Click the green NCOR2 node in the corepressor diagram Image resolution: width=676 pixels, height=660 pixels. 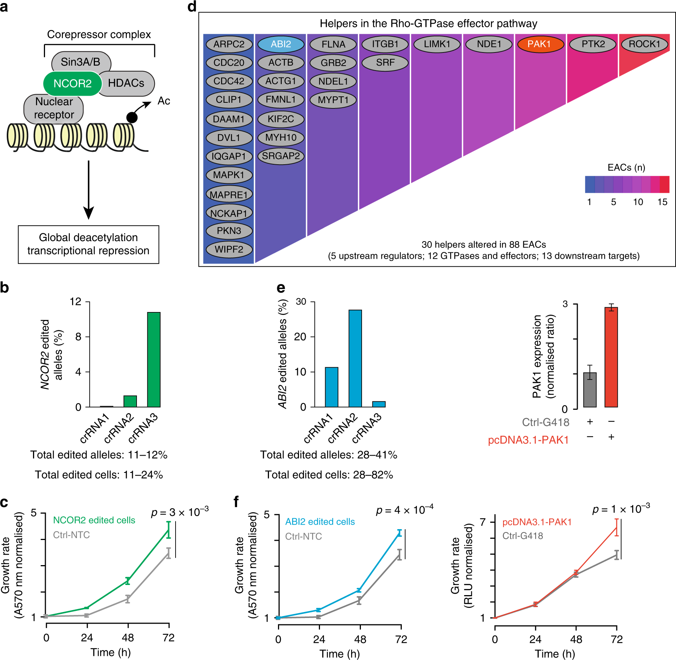[x=72, y=83]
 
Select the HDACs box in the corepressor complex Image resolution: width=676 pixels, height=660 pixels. [x=126, y=83]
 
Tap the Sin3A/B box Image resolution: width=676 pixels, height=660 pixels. [x=80, y=62]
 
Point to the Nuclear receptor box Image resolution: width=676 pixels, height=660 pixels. [x=54, y=108]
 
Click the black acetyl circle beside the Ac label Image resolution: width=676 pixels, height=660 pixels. [x=132, y=117]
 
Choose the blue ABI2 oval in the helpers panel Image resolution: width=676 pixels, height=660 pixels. [x=281, y=44]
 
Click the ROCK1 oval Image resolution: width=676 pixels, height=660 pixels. [x=644, y=44]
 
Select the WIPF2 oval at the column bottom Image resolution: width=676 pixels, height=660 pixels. [x=229, y=249]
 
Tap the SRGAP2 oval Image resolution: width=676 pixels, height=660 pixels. [x=281, y=156]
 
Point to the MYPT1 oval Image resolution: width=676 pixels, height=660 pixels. [x=333, y=100]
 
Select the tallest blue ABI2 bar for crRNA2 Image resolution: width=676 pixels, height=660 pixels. [x=355, y=358]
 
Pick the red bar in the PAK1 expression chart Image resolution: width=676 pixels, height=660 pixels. [x=611, y=357]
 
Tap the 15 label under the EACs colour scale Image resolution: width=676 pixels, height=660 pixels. [x=662, y=202]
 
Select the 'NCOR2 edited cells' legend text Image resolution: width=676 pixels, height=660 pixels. [x=94, y=520]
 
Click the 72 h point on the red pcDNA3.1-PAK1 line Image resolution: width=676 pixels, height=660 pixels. [x=616, y=527]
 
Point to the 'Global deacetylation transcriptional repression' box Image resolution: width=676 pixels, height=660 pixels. [x=89, y=244]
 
